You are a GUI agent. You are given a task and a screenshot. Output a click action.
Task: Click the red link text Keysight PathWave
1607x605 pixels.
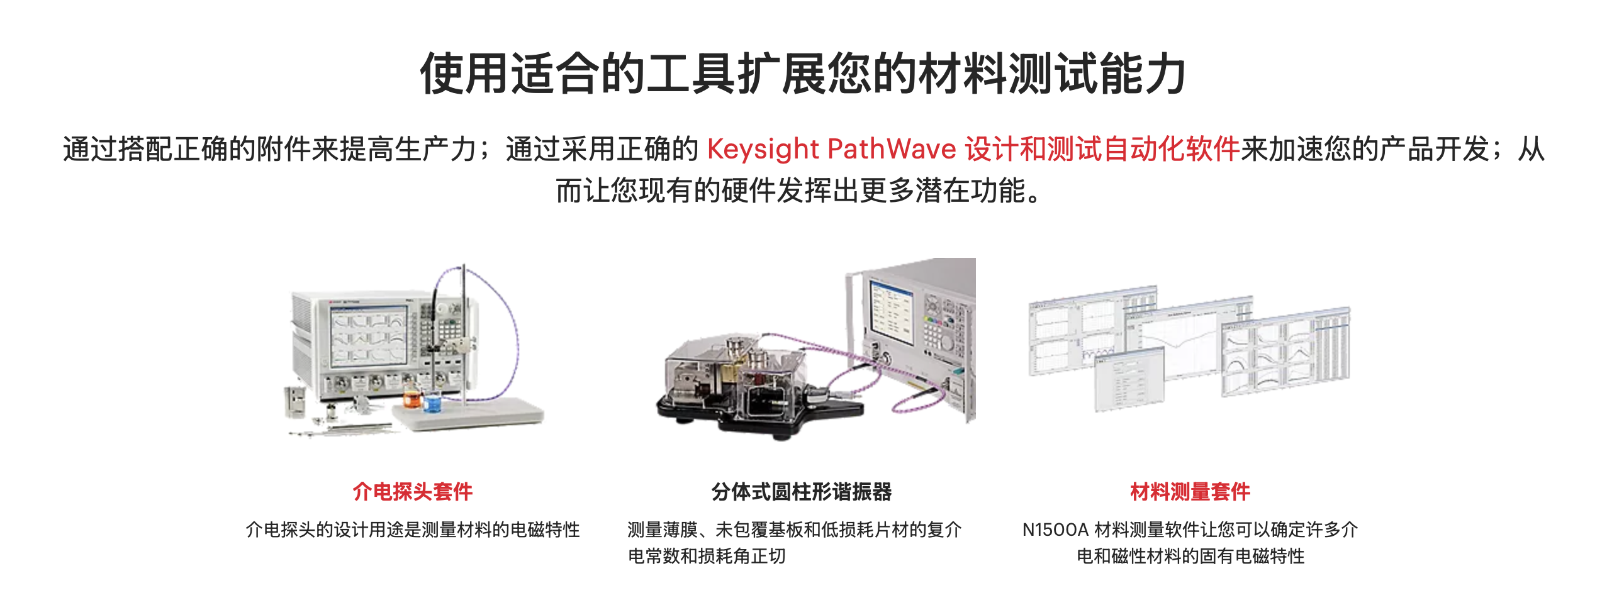pos(832,149)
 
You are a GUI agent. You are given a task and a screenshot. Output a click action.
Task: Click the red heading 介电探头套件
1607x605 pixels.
pos(413,491)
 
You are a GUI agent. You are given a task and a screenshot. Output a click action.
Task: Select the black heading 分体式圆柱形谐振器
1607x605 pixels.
pos(802,491)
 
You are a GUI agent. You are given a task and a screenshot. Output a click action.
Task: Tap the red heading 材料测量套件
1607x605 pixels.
pos(1190,491)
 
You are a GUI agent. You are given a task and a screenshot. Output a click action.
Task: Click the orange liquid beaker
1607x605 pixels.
pos(412,397)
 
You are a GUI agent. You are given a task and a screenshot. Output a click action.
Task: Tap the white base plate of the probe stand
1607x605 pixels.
pos(469,413)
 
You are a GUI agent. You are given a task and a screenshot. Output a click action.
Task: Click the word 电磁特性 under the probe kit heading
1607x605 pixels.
pos(545,530)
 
